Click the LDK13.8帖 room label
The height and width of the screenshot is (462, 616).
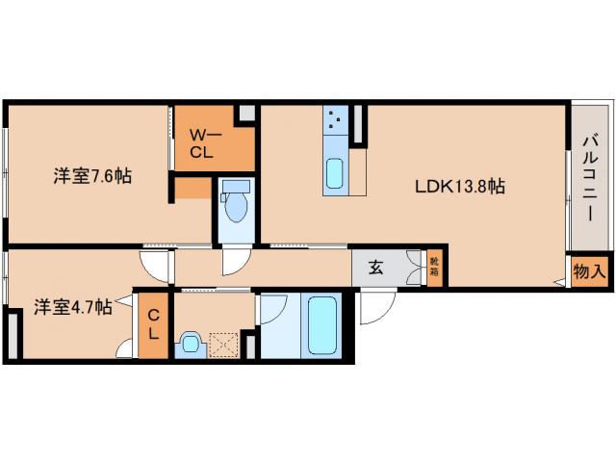click(x=460, y=186)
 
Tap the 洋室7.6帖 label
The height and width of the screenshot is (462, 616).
click(x=92, y=176)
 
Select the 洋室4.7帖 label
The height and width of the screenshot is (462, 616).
click(x=73, y=307)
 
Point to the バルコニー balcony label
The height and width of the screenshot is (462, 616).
click(x=590, y=178)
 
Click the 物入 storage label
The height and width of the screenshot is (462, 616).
click(x=589, y=271)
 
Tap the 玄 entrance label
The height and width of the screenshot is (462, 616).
click(x=375, y=268)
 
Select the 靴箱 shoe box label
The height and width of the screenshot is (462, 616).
click(x=434, y=267)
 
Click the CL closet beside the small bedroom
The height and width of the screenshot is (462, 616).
click(x=153, y=324)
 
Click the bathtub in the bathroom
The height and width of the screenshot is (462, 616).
click(x=322, y=324)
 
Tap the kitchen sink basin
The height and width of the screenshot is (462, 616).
click(x=335, y=172)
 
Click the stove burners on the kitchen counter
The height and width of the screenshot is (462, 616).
click(x=335, y=119)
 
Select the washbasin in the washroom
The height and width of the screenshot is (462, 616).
click(x=191, y=344)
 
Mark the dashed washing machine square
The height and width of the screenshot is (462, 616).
click(x=223, y=345)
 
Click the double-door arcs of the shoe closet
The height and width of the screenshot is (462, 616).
click(x=414, y=268)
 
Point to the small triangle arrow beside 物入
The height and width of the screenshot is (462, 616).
click(x=560, y=281)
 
